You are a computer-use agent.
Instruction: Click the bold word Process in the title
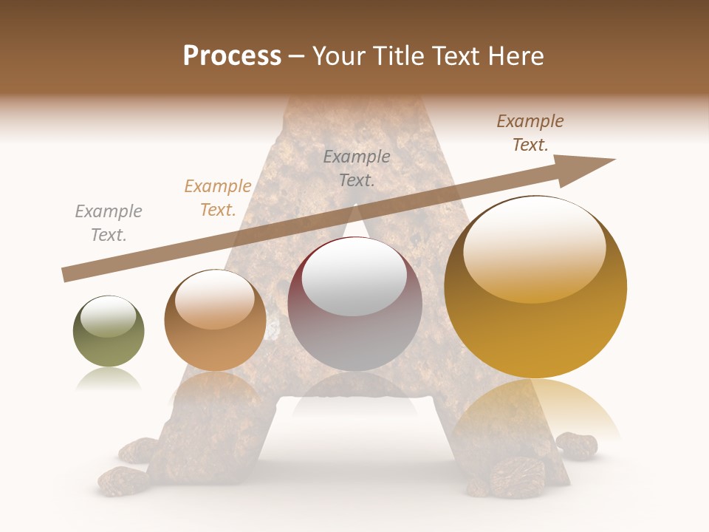tap(232, 56)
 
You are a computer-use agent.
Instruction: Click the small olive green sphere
tap(109, 332)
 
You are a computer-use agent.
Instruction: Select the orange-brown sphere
tap(215, 321)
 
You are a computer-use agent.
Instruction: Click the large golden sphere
tap(535, 287)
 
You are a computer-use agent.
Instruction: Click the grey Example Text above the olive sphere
tap(108, 223)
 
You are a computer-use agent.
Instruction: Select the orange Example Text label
tap(218, 198)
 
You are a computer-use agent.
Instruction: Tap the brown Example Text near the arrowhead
tap(530, 133)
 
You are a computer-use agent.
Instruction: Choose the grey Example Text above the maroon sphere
tap(357, 168)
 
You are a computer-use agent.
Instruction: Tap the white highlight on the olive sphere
tap(109, 316)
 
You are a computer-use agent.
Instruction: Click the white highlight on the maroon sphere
tap(354, 277)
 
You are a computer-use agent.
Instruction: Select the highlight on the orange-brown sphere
tap(215, 299)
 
